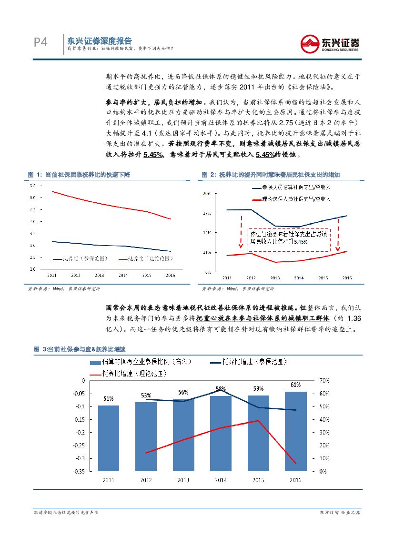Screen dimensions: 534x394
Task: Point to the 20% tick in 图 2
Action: pos(207,194)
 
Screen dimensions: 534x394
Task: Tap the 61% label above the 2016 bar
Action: pos(295,385)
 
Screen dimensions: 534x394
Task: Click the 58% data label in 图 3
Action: pos(221,389)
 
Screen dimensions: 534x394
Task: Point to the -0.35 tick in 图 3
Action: pos(78,471)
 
